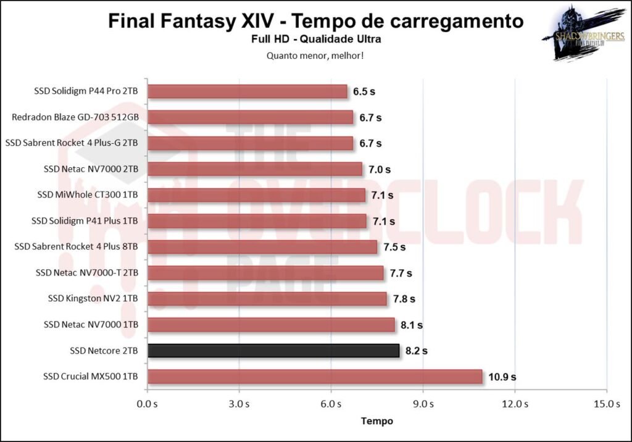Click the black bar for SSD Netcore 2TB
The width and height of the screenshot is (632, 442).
(x=273, y=351)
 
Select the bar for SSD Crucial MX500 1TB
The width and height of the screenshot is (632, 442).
(x=315, y=377)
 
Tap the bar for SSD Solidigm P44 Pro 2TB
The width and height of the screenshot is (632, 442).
(x=247, y=91)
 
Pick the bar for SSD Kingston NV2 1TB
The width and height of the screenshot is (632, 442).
(x=267, y=299)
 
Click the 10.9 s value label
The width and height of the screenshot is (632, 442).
(x=504, y=377)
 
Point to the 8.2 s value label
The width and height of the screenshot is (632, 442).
(x=417, y=351)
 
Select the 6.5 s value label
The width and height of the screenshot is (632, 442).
(x=364, y=91)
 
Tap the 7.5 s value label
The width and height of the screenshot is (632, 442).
(x=394, y=247)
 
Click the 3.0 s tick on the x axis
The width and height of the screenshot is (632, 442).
(x=239, y=404)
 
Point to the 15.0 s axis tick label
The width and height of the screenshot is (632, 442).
(x=607, y=404)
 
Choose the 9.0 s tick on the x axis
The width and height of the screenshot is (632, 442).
(x=423, y=404)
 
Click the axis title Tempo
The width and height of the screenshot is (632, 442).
(x=376, y=421)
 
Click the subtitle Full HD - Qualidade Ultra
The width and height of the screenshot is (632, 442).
(x=316, y=40)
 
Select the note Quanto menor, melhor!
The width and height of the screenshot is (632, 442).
(x=315, y=56)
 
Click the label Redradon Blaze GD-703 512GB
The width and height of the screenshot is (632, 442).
(x=75, y=117)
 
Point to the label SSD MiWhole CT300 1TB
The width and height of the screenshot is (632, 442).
(x=88, y=195)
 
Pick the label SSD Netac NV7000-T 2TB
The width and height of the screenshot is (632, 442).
(x=87, y=273)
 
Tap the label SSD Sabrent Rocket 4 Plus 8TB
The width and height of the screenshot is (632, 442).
(x=76, y=247)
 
